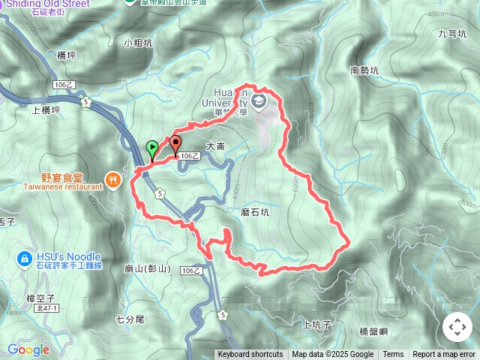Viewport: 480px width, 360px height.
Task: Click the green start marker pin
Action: [152, 148]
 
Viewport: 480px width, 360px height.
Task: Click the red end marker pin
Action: [176, 142]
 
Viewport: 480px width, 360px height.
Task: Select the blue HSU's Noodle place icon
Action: [23, 259]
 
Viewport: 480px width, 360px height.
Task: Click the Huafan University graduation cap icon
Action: [259, 100]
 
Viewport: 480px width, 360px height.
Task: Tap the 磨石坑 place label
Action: [254, 213]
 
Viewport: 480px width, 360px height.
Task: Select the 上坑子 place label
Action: [316, 325]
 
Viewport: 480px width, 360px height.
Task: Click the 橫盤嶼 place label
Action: [373, 331]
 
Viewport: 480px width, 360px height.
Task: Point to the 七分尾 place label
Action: [130, 319]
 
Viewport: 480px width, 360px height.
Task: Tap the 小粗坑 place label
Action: [139, 43]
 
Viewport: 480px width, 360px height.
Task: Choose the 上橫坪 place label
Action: [46, 109]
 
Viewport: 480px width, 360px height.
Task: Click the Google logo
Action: [28, 349]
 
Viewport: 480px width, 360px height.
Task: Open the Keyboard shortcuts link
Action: [250, 355]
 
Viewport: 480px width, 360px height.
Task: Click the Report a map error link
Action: [444, 355]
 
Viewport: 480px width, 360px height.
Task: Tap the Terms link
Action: [393, 355]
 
